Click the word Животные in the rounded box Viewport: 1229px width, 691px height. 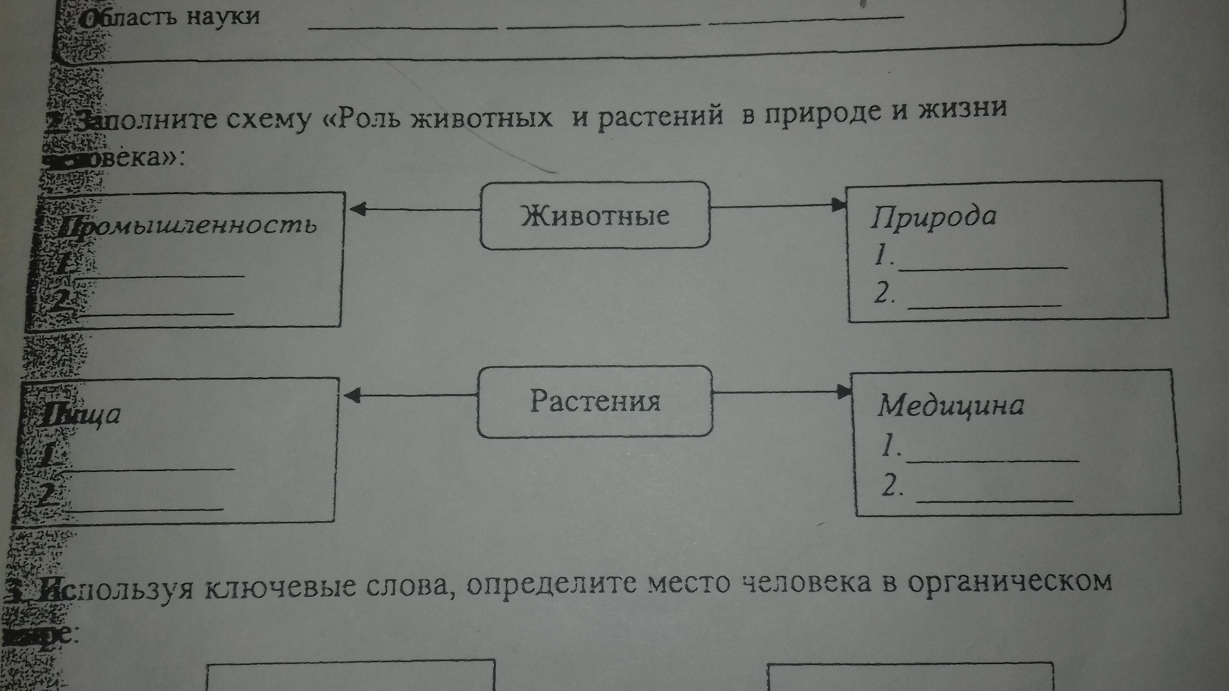click(x=595, y=216)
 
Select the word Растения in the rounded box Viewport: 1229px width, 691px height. click(x=595, y=402)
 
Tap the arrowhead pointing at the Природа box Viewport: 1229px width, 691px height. click(x=838, y=205)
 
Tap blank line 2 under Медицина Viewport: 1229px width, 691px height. click(x=995, y=500)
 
